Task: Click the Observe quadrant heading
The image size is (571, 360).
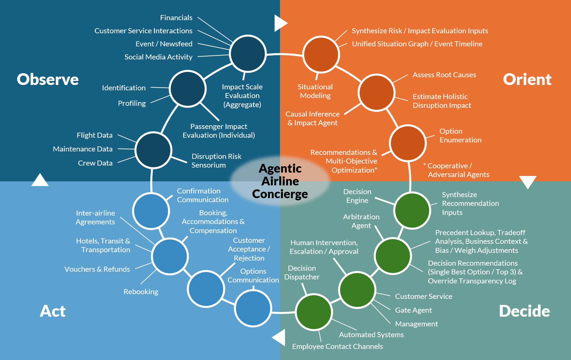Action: tap(48, 80)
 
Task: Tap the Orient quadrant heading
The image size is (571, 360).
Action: tap(527, 80)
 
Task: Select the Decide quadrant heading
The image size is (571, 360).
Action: tap(524, 311)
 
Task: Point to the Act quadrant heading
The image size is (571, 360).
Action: tap(53, 311)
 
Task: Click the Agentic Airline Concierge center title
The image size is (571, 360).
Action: tap(280, 181)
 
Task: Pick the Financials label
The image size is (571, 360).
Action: tap(176, 18)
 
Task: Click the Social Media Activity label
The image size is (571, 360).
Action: tap(158, 57)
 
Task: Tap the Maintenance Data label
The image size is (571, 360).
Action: tap(83, 149)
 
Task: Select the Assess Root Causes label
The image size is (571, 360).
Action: tap(444, 75)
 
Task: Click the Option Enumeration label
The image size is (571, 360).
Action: tap(460, 136)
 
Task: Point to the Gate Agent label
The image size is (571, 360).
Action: tap(413, 310)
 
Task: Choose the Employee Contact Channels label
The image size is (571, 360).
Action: tap(337, 347)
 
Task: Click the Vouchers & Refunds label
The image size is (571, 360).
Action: tap(97, 269)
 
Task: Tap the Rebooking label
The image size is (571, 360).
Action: tap(141, 292)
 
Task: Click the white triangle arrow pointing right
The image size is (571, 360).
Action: tap(280, 23)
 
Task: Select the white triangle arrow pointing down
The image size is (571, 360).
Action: tap(528, 182)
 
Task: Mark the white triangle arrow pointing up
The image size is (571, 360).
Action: tap(40, 180)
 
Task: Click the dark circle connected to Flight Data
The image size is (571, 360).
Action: tap(153, 150)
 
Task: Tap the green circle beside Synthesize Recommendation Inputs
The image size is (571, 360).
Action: tap(412, 211)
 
